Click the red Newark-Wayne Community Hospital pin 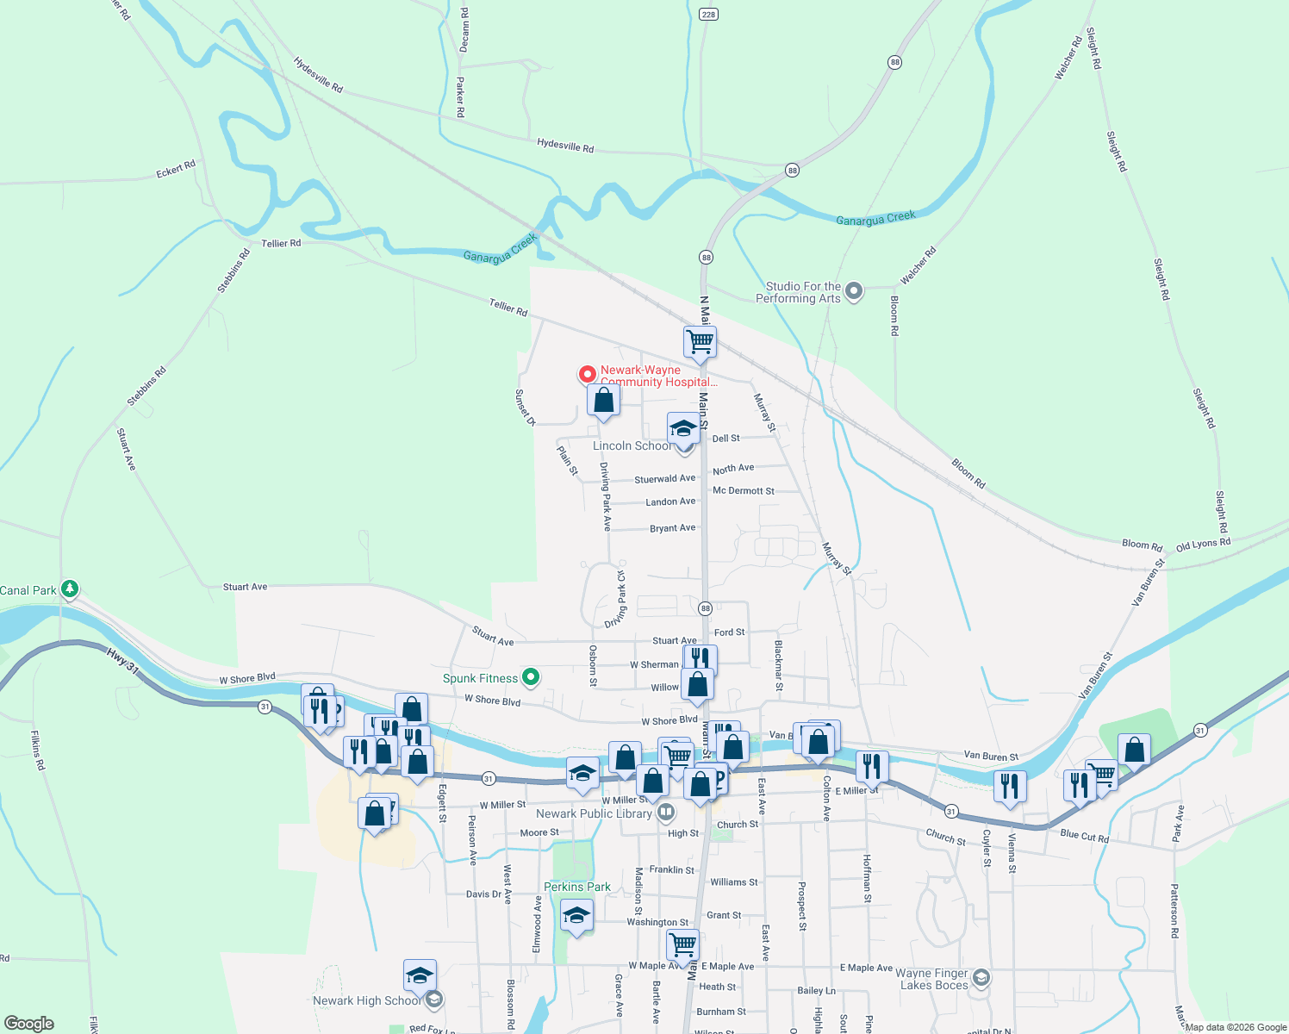[x=587, y=374]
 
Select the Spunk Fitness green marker [x=531, y=677]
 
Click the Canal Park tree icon [x=70, y=589]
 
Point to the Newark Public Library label [x=594, y=813]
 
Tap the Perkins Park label [x=576, y=887]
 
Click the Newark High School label [x=367, y=1000]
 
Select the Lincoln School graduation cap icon [x=683, y=427]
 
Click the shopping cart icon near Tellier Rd [x=700, y=340]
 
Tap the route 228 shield [x=708, y=15]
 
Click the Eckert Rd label [x=176, y=169]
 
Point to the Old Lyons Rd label [x=1203, y=545]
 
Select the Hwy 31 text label [x=122, y=660]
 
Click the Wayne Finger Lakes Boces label [x=934, y=979]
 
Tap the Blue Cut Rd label [x=1084, y=835]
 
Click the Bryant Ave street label [x=672, y=528]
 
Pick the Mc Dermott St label [x=743, y=491]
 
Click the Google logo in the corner [x=29, y=1023]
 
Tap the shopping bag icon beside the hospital [x=604, y=400]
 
